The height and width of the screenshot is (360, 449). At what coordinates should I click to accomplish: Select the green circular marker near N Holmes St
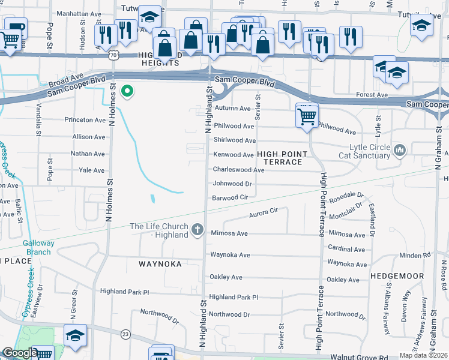click(127, 92)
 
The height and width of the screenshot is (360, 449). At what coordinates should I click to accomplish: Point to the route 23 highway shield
click(125, 334)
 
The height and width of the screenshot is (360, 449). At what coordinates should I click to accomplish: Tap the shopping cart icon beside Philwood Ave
click(307, 116)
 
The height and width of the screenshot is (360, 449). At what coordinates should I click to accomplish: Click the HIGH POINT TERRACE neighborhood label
click(282, 158)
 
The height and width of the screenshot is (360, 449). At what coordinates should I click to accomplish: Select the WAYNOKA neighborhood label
click(160, 263)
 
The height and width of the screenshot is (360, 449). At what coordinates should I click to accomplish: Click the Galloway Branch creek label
click(38, 247)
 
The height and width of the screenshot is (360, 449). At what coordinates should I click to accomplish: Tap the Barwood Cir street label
click(230, 197)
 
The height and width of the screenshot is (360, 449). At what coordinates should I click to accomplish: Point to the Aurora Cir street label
click(264, 211)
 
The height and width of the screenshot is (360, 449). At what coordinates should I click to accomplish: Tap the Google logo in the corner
click(20, 353)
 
